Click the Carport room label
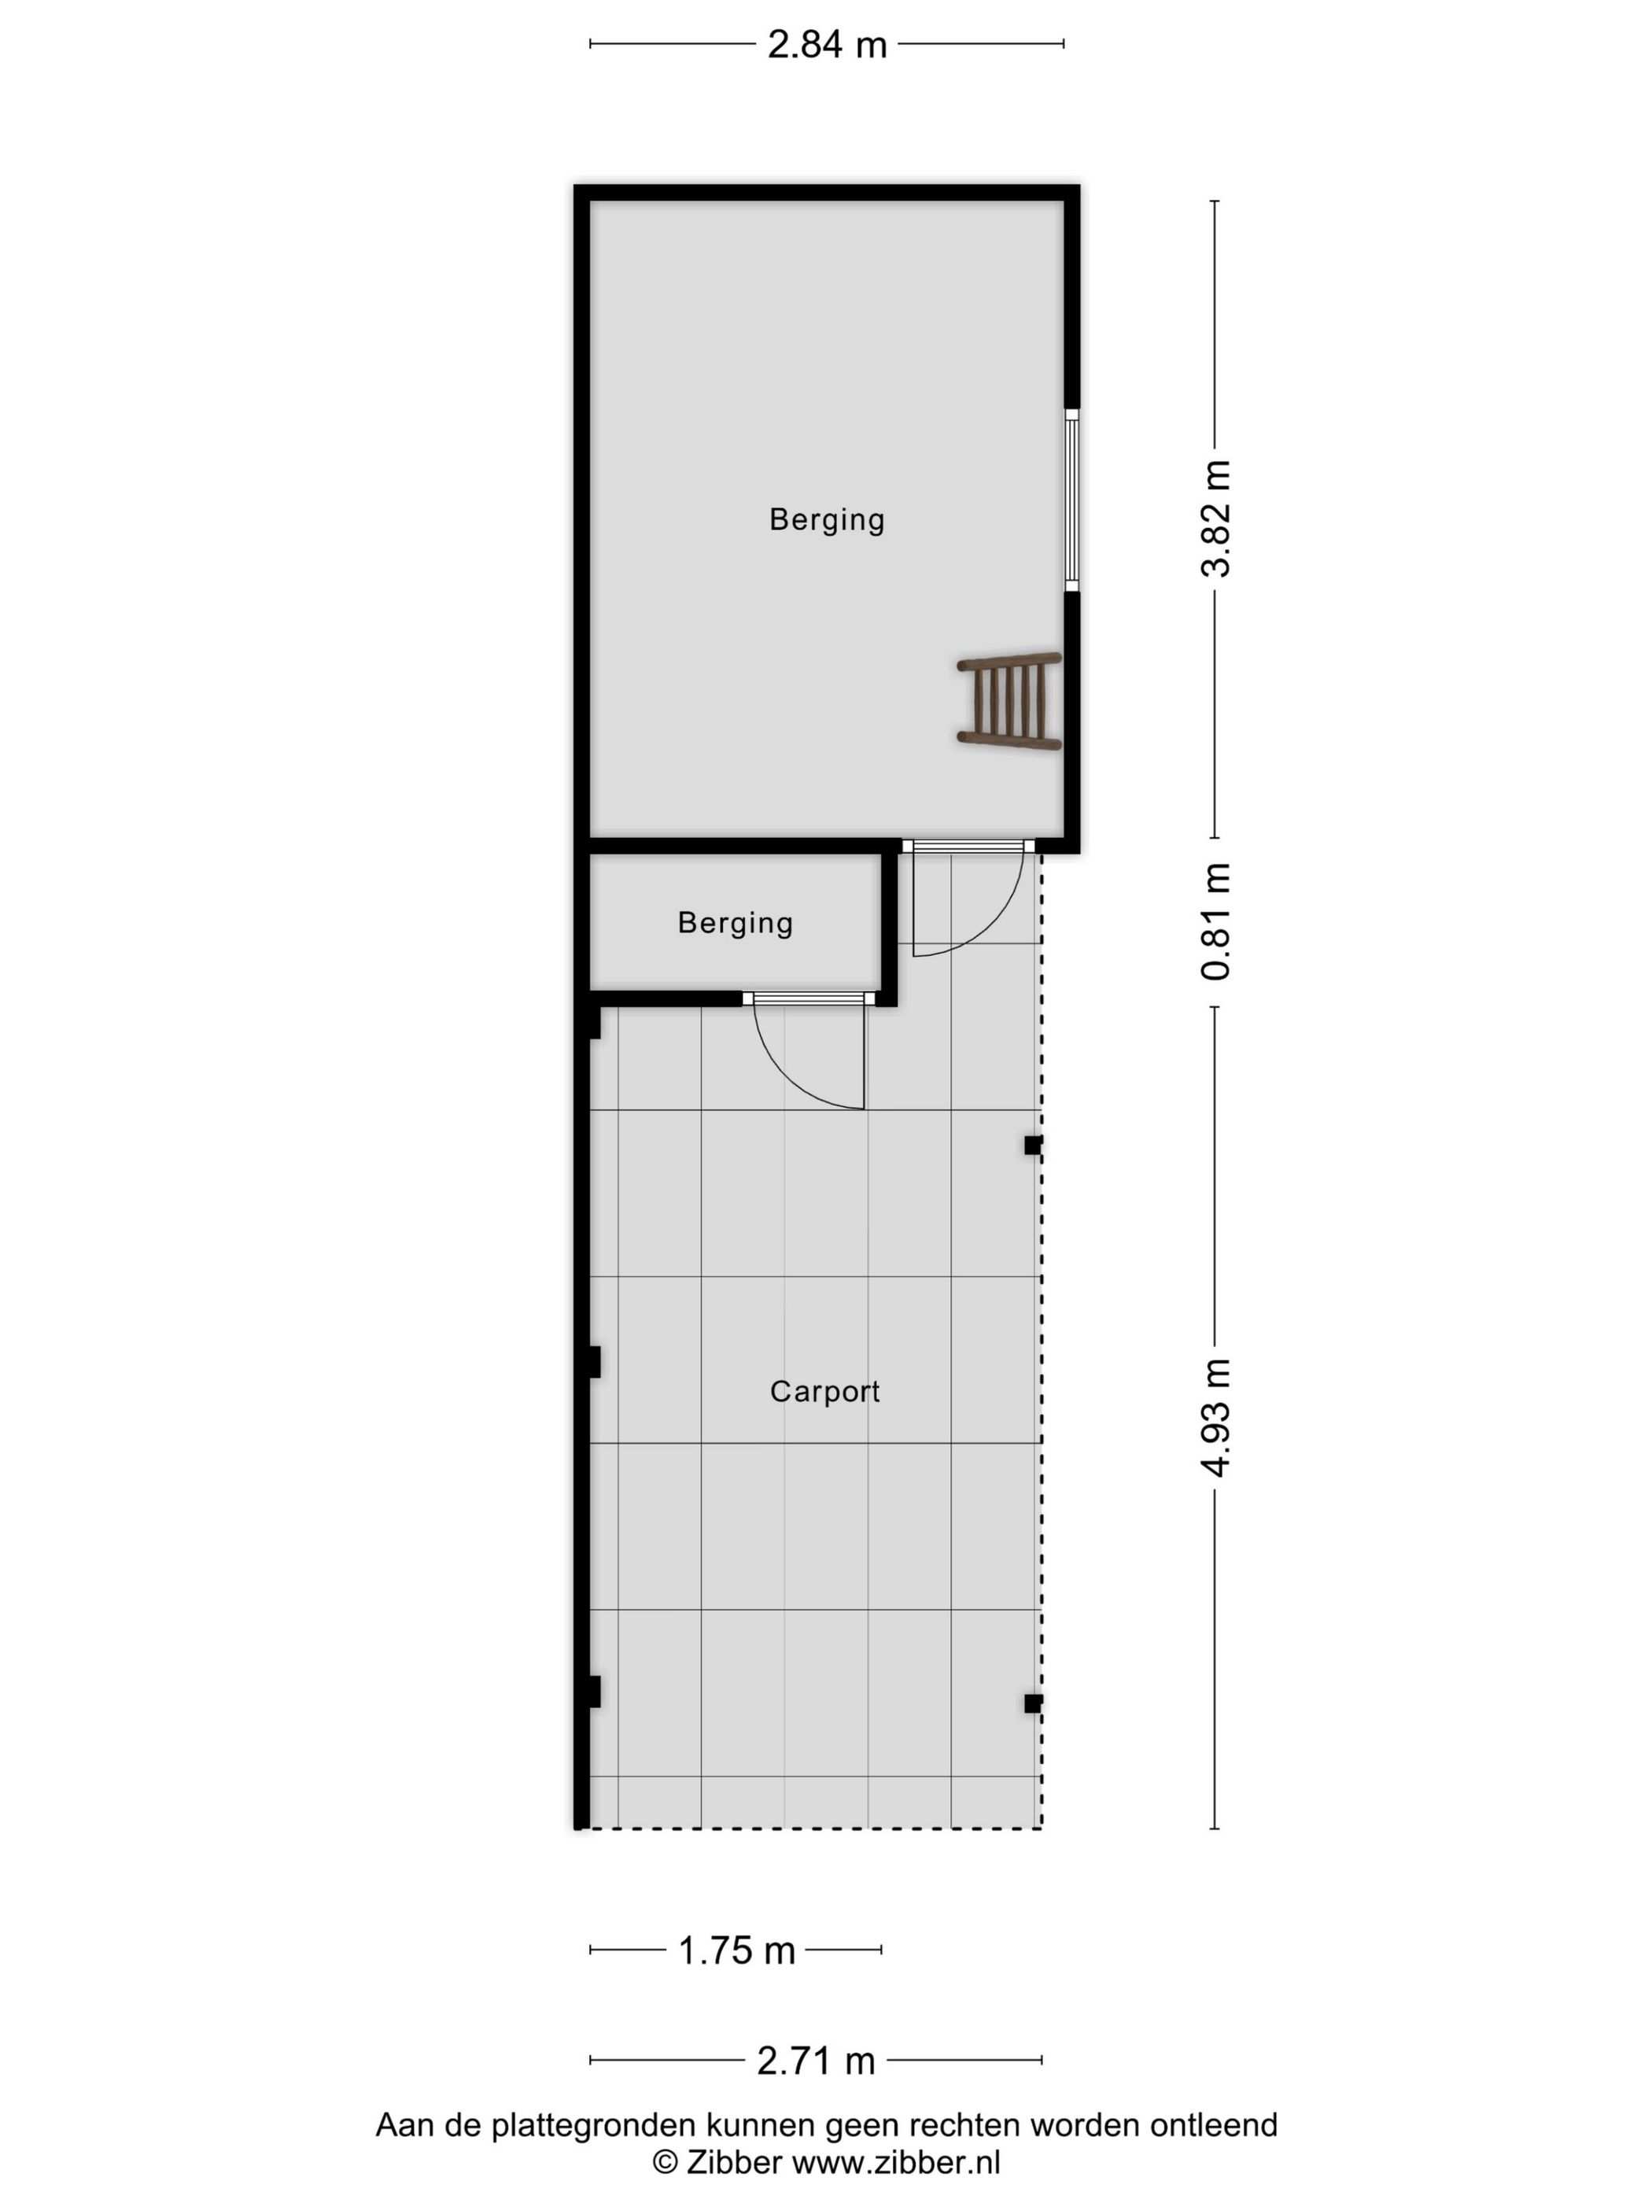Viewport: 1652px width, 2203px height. coord(824,1391)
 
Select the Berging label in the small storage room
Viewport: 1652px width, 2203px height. coord(735,922)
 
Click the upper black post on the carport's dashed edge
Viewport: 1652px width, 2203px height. coord(1033,1146)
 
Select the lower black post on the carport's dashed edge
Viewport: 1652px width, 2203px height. coord(1033,1703)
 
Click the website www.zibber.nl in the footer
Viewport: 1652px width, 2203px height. coord(895,2162)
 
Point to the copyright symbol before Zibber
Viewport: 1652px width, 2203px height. coord(664,2162)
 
